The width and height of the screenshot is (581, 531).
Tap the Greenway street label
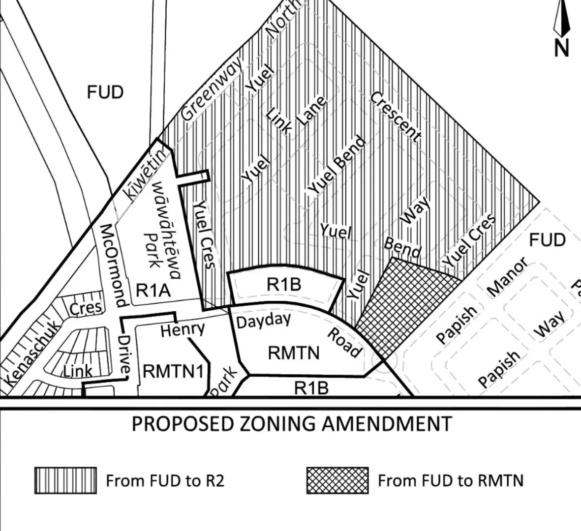click(212, 88)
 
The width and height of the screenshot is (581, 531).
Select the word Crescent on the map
click(396, 117)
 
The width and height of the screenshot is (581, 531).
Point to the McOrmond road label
click(114, 265)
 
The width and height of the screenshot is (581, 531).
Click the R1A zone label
click(153, 290)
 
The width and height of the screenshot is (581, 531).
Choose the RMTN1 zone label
click(173, 371)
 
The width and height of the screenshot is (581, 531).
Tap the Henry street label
click(182, 329)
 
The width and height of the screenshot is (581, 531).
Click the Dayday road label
click(264, 321)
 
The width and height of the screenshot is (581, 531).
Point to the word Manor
click(507, 277)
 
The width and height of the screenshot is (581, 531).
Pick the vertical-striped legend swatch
click(65, 480)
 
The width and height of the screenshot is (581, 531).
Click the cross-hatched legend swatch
click(337, 480)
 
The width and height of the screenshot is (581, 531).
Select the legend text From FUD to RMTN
click(450, 480)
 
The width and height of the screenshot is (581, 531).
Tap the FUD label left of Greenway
click(105, 92)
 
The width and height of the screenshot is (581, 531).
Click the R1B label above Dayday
click(284, 284)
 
